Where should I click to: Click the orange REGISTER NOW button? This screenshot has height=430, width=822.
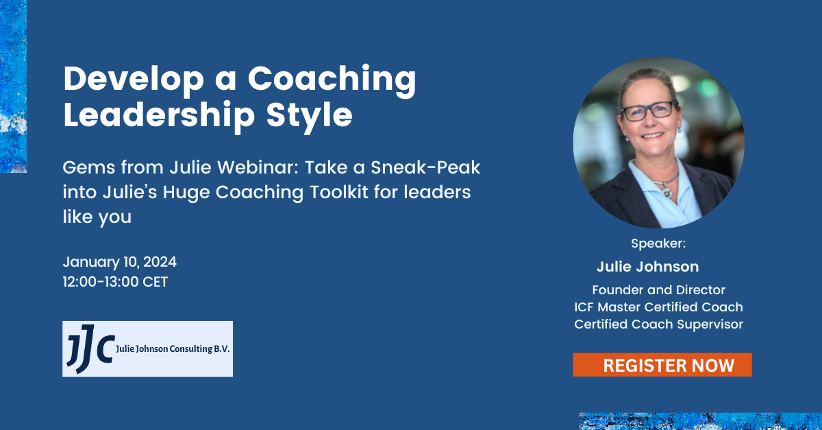point(662,365)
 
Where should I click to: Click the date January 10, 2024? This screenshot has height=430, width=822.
point(120,262)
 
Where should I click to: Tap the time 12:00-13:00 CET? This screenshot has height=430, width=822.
point(115,282)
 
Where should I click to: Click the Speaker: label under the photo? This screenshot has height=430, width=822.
point(658,243)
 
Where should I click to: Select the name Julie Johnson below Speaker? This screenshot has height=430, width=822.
point(647,267)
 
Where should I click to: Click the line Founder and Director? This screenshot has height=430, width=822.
point(658,290)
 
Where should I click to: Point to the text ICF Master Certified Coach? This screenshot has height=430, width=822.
point(658,307)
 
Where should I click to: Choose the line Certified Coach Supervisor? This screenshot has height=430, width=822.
point(658,324)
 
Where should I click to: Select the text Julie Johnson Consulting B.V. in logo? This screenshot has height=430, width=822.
point(173,349)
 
